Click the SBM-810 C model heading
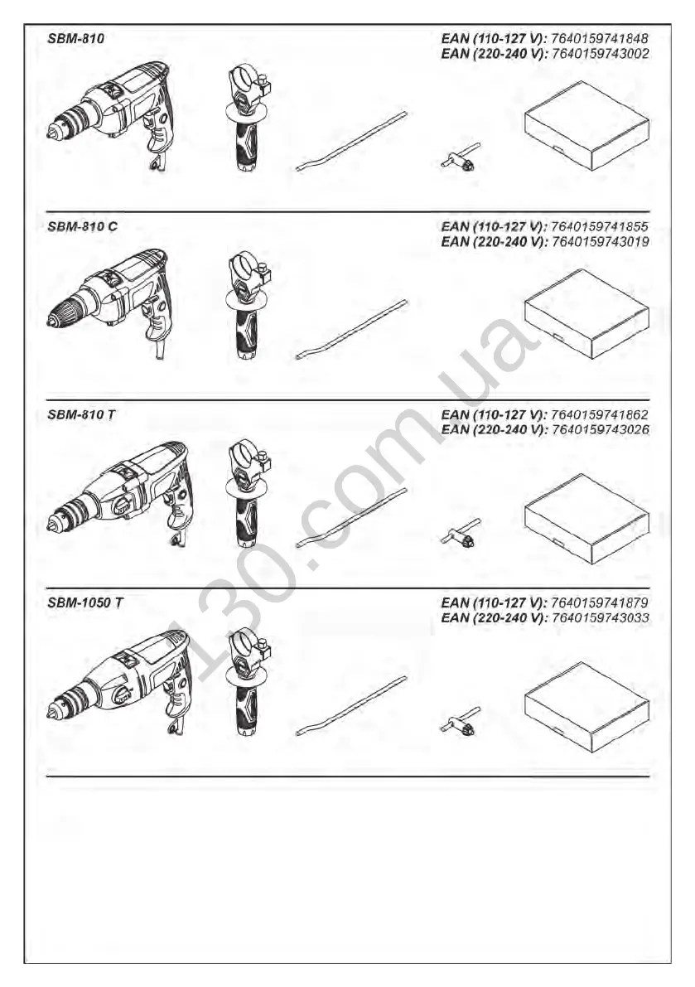pos(83,226)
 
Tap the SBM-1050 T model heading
pos(85,602)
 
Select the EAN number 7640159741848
pos(599,39)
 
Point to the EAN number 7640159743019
pos(599,242)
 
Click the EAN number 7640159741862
pos(599,414)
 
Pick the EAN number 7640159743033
pos(599,618)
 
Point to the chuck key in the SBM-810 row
pos(459,157)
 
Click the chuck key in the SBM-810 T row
pos(459,532)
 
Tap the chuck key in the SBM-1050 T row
pos(459,720)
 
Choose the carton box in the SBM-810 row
pos(586,125)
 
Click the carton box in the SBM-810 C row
pos(586,313)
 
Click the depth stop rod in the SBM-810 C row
pos(352,329)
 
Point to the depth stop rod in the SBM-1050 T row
pos(352,705)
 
